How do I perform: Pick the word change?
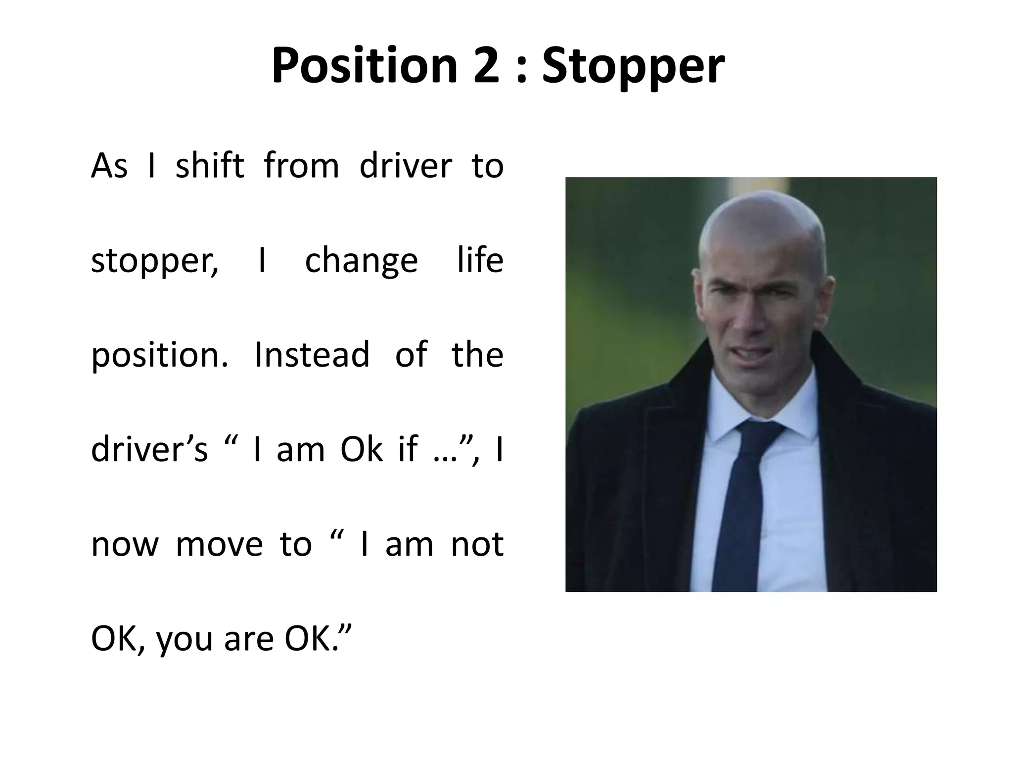[x=361, y=261]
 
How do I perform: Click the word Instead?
[x=312, y=355]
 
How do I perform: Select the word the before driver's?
[x=477, y=355]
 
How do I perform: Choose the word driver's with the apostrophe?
[x=149, y=449]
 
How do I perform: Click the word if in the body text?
[x=409, y=449]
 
